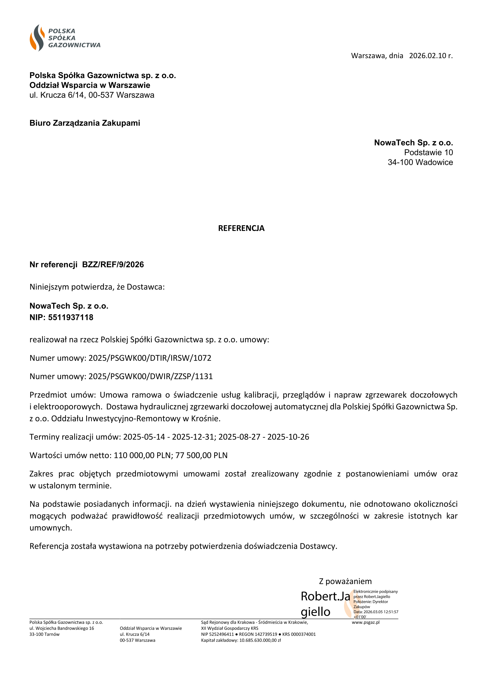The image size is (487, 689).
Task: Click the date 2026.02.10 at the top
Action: coord(427,56)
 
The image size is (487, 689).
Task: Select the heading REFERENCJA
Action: coord(241,228)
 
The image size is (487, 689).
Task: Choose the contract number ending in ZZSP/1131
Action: coord(150,376)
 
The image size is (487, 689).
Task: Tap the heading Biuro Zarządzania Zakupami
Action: coord(85,123)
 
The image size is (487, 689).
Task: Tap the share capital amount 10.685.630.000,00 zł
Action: coord(260,640)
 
